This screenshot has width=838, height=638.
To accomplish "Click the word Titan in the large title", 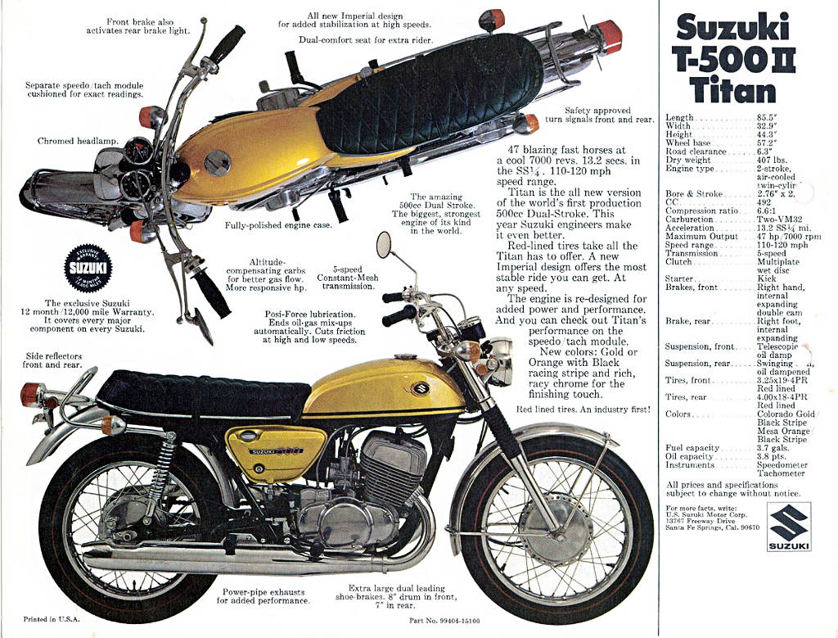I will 732,88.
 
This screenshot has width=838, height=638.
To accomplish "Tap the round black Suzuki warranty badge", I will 88,269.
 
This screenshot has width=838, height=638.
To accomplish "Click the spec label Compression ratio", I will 702,210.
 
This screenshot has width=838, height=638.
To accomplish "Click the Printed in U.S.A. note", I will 52,619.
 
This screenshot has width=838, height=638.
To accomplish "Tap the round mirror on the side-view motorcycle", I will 384,244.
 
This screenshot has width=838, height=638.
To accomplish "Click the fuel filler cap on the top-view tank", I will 217,164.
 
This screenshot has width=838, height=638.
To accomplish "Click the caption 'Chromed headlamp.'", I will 78,141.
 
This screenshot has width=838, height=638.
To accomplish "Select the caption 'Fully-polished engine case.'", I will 278,225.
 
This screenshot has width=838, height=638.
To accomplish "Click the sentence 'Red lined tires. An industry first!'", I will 583,408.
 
